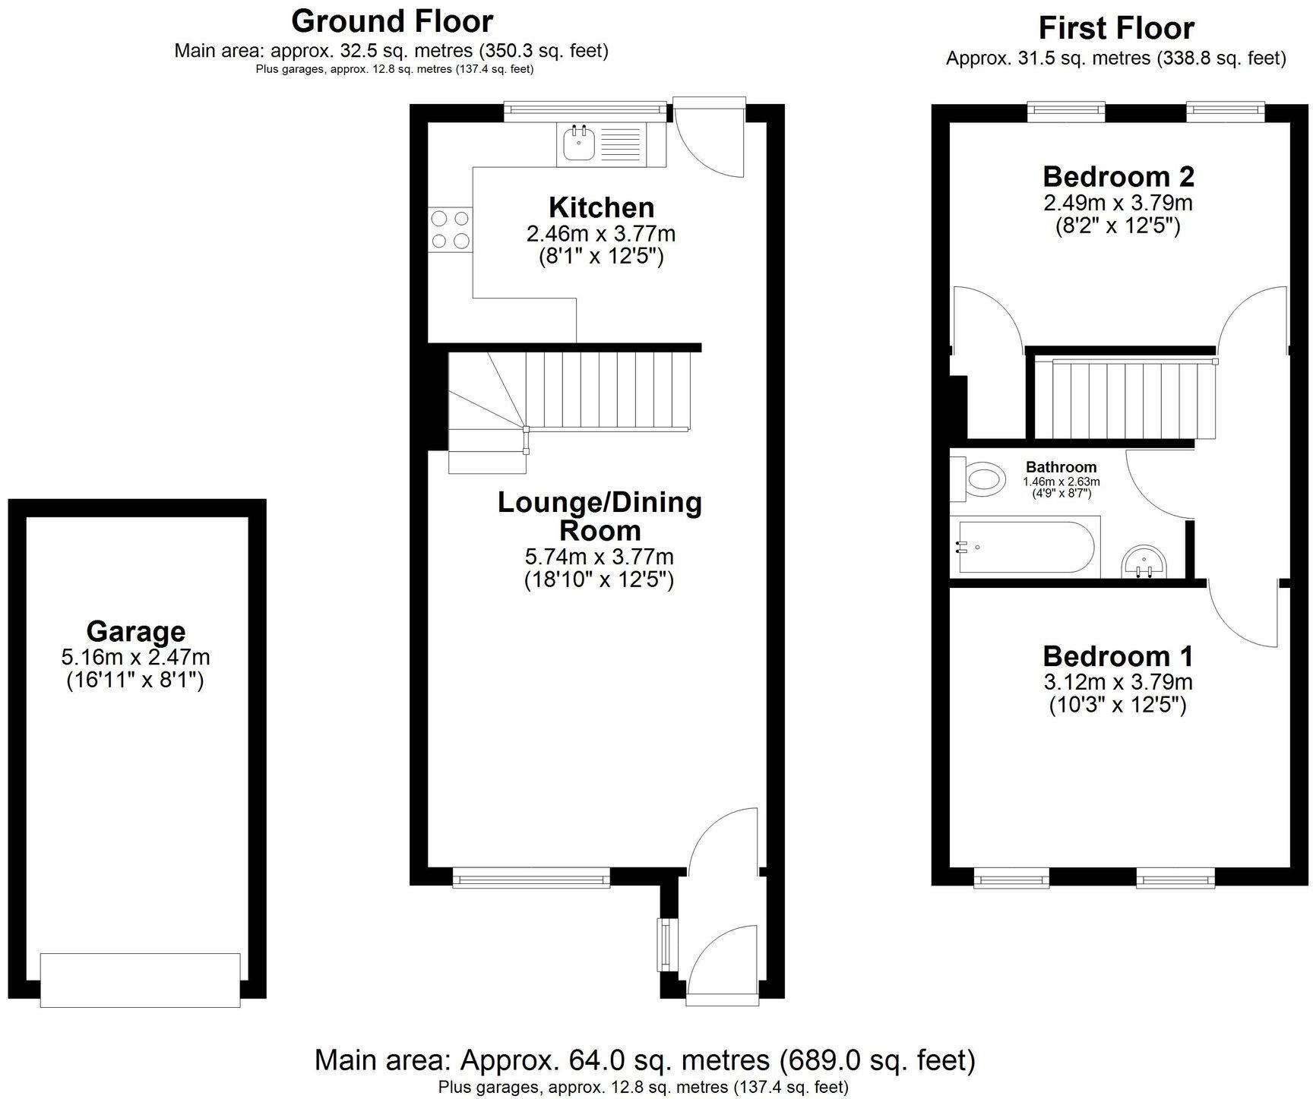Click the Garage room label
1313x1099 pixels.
point(135,631)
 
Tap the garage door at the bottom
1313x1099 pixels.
point(140,980)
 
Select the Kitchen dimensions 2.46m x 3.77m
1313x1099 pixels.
point(600,233)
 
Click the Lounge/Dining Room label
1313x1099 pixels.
point(600,516)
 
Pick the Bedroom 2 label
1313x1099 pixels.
point(1118,176)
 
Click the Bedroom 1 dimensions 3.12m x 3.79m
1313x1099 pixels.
point(1118,681)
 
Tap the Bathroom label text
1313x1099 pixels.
point(1061,467)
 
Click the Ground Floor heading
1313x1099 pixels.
point(391,21)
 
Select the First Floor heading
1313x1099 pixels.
point(1115,28)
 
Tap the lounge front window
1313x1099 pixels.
point(530,879)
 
